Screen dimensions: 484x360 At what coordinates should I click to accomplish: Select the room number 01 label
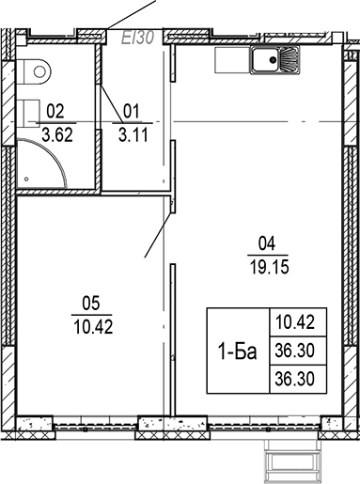coord(131,108)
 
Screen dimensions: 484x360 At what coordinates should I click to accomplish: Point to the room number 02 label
coord(56,108)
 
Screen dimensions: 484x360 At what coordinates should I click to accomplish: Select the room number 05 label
coord(92,304)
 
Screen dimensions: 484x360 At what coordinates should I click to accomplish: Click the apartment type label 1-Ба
coord(234,351)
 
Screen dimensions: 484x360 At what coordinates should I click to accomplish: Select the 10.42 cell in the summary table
coord(293,322)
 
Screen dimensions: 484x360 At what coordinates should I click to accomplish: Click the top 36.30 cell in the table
coord(293,350)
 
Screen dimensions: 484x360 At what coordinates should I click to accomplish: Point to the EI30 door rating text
coord(138,37)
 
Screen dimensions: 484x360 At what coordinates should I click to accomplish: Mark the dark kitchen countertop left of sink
coord(230,61)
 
